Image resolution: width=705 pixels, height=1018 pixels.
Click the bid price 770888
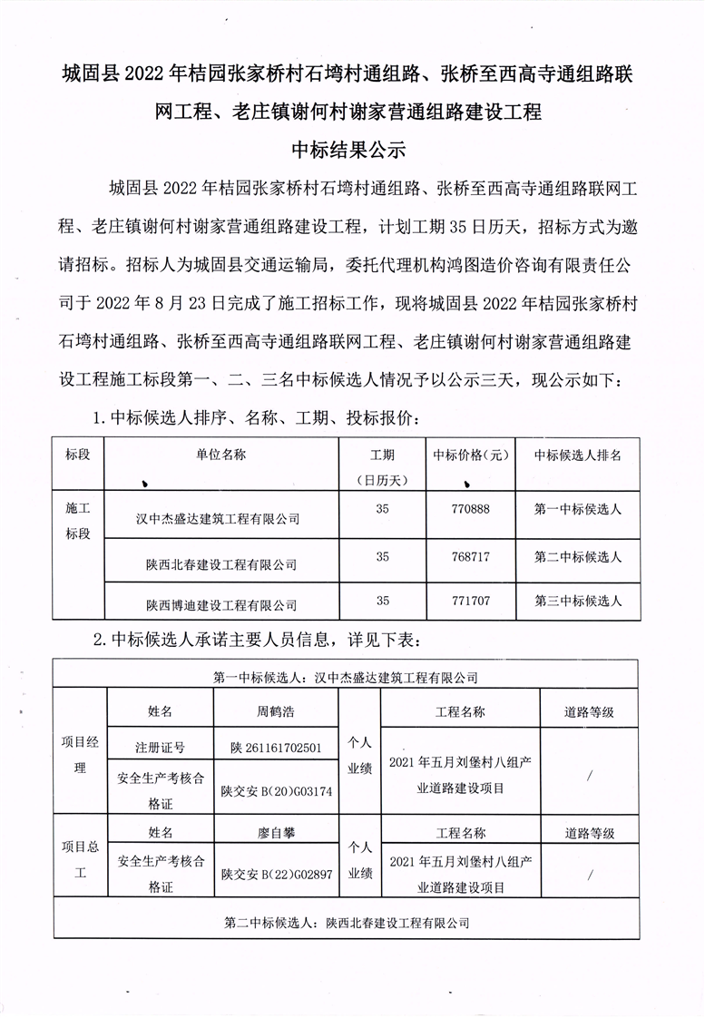pyautogui.click(x=470, y=510)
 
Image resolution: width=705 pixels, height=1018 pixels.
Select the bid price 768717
pyautogui.click(x=470, y=555)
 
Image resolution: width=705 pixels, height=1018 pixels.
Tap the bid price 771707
pyautogui.click(x=470, y=601)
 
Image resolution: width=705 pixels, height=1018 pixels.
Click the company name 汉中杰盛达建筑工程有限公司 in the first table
pyautogui.click(x=218, y=519)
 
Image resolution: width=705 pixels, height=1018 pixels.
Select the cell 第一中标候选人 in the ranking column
pyautogui.click(x=578, y=510)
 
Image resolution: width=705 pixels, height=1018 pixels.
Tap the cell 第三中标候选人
pyautogui.click(x=578, y=601)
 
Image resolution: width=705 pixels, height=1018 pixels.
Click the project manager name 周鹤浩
pyautogui.click(x=276, y=712)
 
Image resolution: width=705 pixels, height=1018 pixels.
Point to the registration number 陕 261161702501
pyautogui.click(x=276, y=749)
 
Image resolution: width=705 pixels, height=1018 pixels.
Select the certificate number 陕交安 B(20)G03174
pyautogui.click(x=276, y=791)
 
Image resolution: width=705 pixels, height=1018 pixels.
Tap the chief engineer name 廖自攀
pyautogui.click(x=276, y=832)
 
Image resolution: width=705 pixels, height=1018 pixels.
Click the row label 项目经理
pyautogui.click(x=80, y=755)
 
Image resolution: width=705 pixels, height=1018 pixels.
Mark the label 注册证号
pyautogui.click(x=161, y=749)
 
